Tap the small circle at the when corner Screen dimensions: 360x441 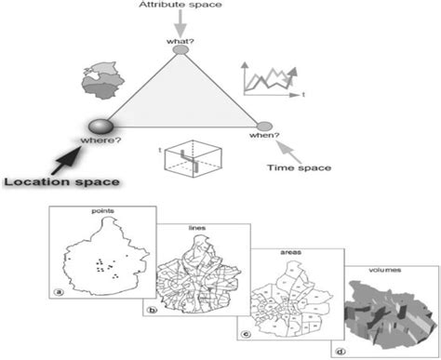264,124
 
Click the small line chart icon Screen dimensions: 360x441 267,78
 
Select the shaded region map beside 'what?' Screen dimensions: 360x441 102,81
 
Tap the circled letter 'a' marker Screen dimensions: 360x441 60,291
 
